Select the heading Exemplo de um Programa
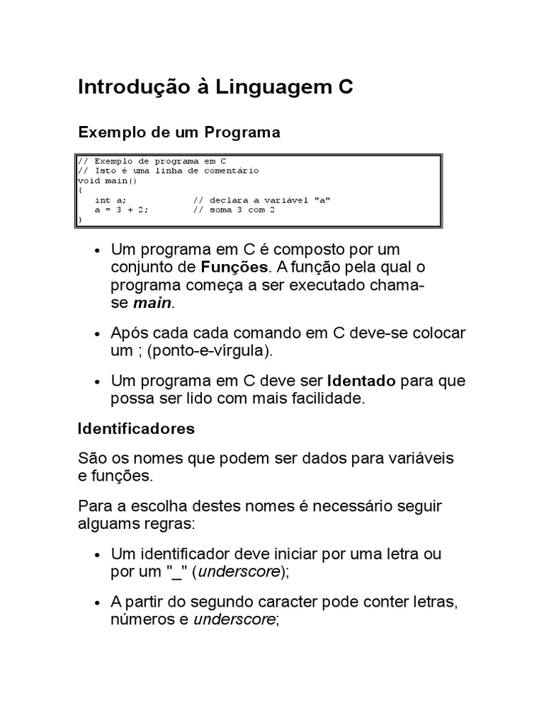click(179, 132)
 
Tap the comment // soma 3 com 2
click(234, 210)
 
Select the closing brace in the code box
click(80, 220)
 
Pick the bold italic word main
click(152, 304)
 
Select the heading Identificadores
click(136, 429)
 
